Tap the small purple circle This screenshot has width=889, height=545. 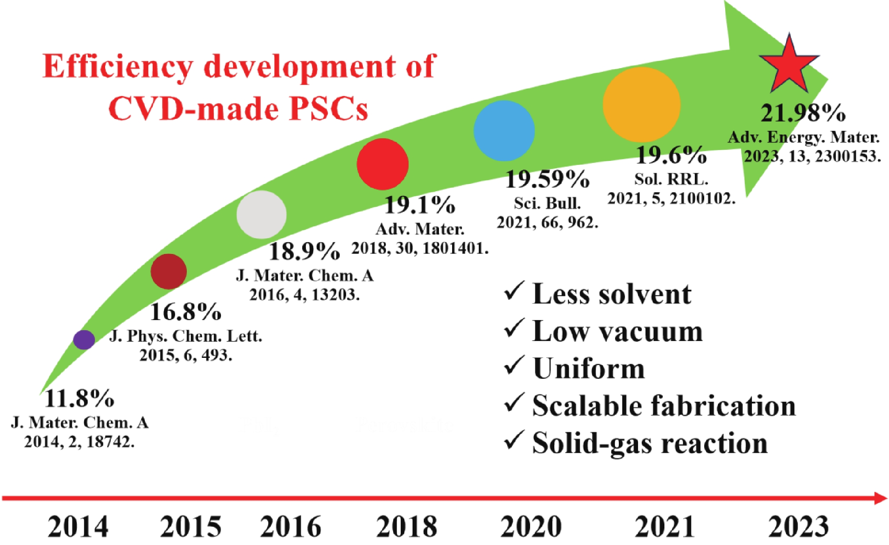84,340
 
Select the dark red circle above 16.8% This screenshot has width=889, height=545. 169,271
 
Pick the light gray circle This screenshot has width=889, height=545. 262,214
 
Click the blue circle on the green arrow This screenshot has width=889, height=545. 504,131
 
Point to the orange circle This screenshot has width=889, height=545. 641,105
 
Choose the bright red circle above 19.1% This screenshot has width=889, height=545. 383,164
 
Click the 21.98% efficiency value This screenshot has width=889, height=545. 803,113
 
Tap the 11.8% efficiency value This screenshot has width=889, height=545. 79,398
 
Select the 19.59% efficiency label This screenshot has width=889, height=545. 547,179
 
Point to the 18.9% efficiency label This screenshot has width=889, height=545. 304,251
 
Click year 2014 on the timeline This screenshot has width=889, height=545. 78,527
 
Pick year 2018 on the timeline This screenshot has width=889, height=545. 407,527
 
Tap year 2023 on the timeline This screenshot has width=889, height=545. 799,527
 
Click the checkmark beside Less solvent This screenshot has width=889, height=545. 514,291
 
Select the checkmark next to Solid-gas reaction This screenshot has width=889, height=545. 514,440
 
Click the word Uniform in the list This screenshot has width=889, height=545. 588,369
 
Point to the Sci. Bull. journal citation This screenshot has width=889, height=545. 547,204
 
